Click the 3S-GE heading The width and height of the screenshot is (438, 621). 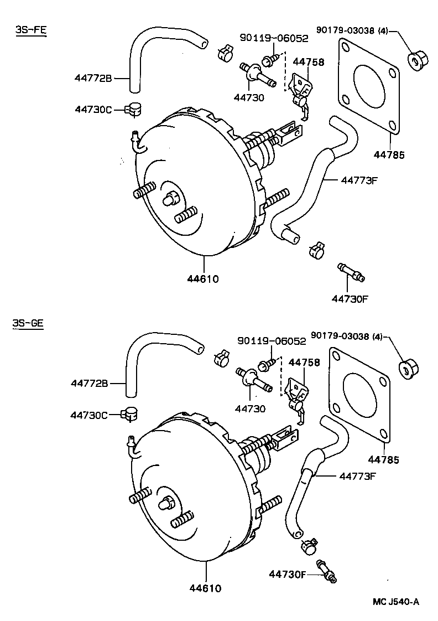coord(28,324)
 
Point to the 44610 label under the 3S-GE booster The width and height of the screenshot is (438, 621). coord(204,588)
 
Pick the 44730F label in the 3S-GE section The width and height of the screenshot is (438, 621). coord(288,574)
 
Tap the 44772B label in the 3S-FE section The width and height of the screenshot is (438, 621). coord(93,79)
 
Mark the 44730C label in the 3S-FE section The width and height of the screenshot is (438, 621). coord(93,110)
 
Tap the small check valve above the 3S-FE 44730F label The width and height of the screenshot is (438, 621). coord(351,272)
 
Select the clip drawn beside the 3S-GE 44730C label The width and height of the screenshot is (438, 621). coord(131,413)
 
